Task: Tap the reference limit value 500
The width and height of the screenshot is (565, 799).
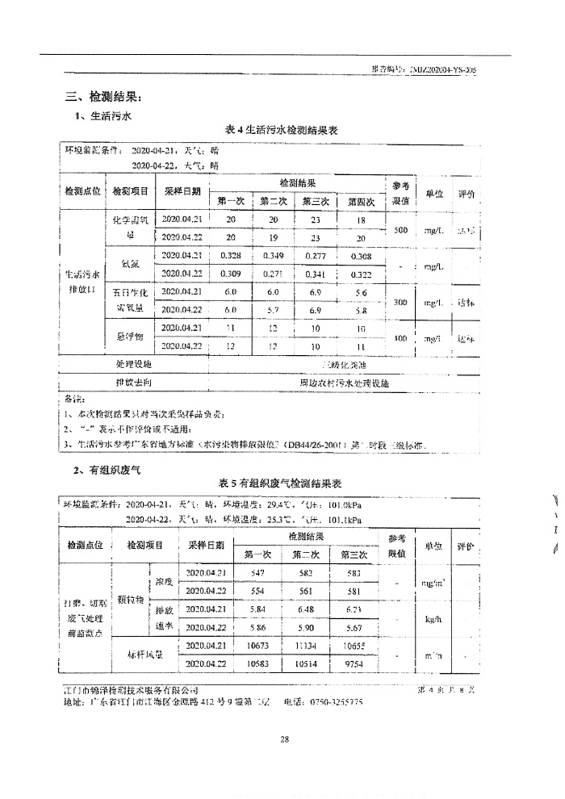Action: click(x=400, y=230)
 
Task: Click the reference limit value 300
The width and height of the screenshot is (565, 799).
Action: click(x=400, y=301)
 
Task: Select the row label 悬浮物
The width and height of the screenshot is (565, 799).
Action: click(x=130, y=337)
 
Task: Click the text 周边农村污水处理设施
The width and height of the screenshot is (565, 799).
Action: click(x=344, y=383)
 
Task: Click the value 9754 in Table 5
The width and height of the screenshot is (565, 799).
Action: click(x=350, y=663)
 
